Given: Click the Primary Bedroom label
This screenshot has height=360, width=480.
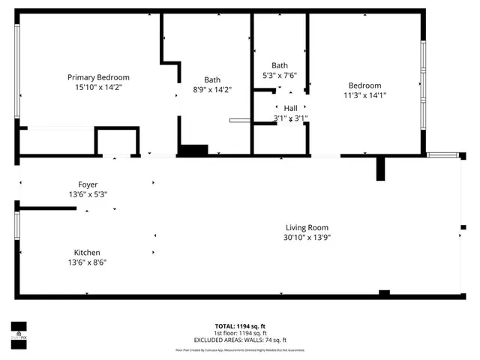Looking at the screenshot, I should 98,77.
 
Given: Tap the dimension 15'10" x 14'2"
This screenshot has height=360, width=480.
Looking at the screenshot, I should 98,88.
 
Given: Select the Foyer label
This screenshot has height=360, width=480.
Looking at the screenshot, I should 88,184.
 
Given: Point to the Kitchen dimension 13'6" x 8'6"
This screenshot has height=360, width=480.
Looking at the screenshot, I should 87,262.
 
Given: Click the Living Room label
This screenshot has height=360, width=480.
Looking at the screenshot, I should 307,227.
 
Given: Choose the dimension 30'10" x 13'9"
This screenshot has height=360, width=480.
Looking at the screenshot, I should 307,237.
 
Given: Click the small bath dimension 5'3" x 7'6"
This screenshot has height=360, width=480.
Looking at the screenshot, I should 280,75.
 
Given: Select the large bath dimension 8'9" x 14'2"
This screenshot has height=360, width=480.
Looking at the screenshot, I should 212,90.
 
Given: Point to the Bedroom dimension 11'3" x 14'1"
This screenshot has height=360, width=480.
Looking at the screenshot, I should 364,95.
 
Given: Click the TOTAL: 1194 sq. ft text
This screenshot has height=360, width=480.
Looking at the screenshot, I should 240,326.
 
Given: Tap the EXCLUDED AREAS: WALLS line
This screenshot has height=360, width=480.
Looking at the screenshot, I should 240,340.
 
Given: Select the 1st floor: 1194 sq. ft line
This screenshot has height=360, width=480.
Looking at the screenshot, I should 240,333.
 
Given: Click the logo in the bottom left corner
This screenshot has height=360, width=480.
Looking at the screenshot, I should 18,331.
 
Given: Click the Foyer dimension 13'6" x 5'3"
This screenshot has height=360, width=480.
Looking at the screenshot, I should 88,194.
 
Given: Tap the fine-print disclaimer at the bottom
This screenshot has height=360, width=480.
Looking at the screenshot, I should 240,350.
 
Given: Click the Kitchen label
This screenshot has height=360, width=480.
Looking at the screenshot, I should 87,253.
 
